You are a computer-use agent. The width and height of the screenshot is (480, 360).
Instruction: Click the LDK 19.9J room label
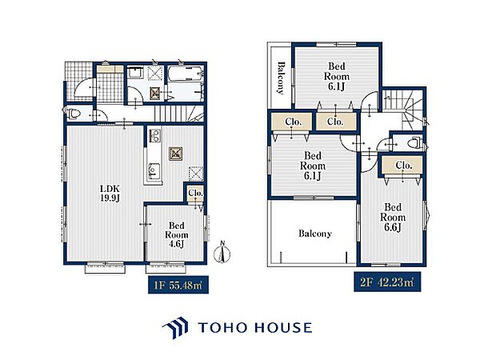click(x=110, y=194)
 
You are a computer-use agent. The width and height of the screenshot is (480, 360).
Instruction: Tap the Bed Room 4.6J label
click(x=176, y=234)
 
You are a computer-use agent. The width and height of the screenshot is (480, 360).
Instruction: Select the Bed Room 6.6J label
click(x=393, y=218)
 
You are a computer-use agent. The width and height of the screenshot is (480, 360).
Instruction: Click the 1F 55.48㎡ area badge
click(x=178, y=286)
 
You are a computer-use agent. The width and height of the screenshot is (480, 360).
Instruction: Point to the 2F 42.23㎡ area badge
click(x=387, y=282)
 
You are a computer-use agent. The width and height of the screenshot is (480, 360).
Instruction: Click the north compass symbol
click(x=222, y=253)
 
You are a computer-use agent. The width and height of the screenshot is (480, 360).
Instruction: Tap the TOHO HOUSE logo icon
click(x=175, y=327)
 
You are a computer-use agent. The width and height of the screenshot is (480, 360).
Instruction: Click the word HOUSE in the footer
click(x=283, y=327)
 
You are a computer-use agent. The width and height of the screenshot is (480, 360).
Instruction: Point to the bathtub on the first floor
click(x=186, y=74)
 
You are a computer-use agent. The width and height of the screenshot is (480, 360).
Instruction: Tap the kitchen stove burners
click(x=154, y=136)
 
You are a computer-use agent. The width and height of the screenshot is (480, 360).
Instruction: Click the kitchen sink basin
click(x=154, y=171)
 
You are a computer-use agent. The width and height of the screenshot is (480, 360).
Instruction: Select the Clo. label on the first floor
click(x=196, y=193)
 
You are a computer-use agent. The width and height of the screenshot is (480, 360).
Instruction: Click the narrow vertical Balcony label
click(x=281, y=78)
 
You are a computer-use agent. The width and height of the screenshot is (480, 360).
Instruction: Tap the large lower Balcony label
click(x=315, y=234)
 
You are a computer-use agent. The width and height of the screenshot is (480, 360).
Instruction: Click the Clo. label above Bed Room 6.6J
click(x=404, y=166)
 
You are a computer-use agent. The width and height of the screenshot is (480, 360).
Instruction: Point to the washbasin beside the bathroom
click(x=134, y=74)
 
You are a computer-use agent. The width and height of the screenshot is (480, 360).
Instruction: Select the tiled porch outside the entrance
click(x=78, y=81)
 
